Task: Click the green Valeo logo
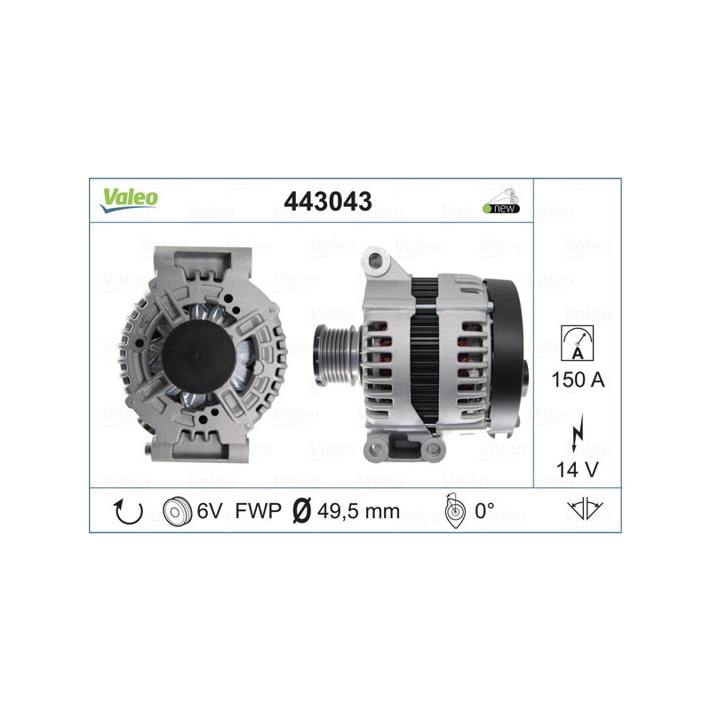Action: [129, 200]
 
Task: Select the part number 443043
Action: [327, 202]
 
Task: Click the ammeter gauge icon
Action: [578, 342]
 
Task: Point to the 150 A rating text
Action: [578, 379]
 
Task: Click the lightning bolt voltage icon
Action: [578, 434]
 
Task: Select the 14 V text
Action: [578, 468]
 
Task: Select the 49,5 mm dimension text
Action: [359, 513]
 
